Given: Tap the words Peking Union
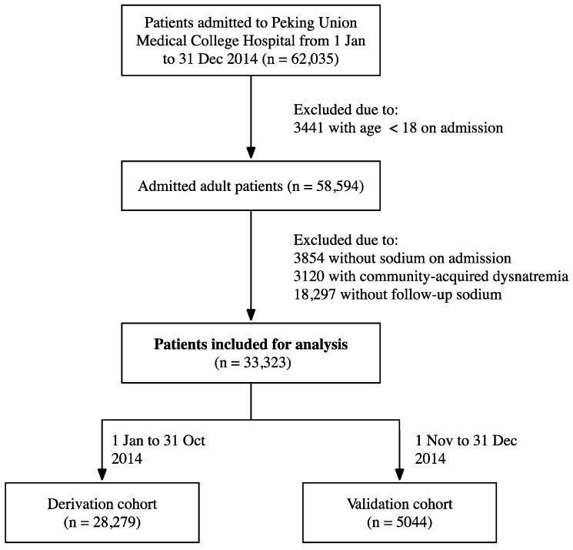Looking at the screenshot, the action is point(314,22).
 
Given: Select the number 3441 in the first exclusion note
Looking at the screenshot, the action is point(308,128).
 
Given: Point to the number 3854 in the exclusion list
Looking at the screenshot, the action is point(308,258).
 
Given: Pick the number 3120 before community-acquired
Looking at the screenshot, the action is point(308,276).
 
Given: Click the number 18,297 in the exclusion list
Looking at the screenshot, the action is point(315,294).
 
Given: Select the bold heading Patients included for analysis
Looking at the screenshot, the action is point(251,344).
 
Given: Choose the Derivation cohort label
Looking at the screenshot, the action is point(102,504).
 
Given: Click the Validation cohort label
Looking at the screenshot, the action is point(399,504).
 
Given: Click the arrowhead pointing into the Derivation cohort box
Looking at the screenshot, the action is point(102,475).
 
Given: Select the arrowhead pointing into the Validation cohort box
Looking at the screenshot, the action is point(399,475).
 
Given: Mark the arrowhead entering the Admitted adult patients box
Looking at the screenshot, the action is point(251,153).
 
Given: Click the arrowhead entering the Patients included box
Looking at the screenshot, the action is point(251,315).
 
